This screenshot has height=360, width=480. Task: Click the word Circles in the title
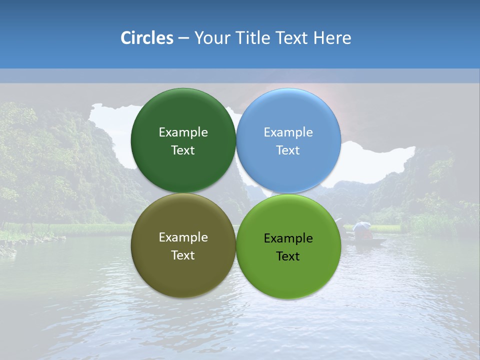pos(146,38)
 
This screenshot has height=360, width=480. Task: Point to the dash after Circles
pos(183,38)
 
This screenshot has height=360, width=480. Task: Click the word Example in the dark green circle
pos(183,132)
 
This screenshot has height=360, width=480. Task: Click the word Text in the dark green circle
pos(183,150)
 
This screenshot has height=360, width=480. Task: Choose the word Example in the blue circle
pos(288,132)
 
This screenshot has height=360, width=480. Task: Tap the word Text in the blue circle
pos(288,150)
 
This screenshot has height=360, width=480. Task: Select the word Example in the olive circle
pos(183,237)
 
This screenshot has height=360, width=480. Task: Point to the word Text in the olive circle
pos(183,255)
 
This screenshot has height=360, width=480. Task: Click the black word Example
pos(288,238)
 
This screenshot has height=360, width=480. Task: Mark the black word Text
pos(288,256)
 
